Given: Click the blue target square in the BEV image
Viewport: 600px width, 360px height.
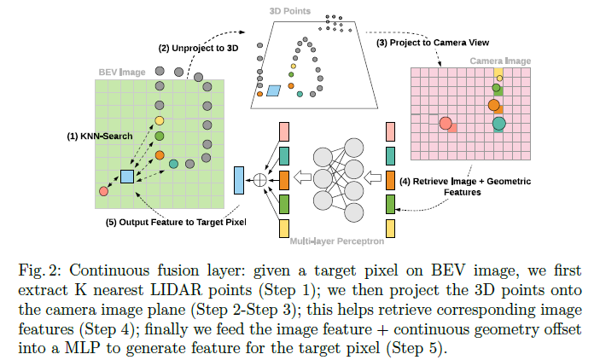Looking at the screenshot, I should click(126, 177).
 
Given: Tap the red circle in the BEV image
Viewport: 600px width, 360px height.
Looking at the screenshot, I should click(104, 191).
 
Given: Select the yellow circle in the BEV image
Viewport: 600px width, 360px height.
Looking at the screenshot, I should click(159, 121).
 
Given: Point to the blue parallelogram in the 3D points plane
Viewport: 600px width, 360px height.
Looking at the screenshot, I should click(274, 90).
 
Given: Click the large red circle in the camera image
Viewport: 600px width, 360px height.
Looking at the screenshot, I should click(446, 125).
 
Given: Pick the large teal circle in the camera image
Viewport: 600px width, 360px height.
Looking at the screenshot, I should click(499, 125).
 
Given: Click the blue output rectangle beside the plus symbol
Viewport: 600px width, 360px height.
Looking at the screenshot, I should click(240, 179).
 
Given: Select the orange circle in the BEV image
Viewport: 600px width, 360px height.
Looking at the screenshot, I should click(159, 155).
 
